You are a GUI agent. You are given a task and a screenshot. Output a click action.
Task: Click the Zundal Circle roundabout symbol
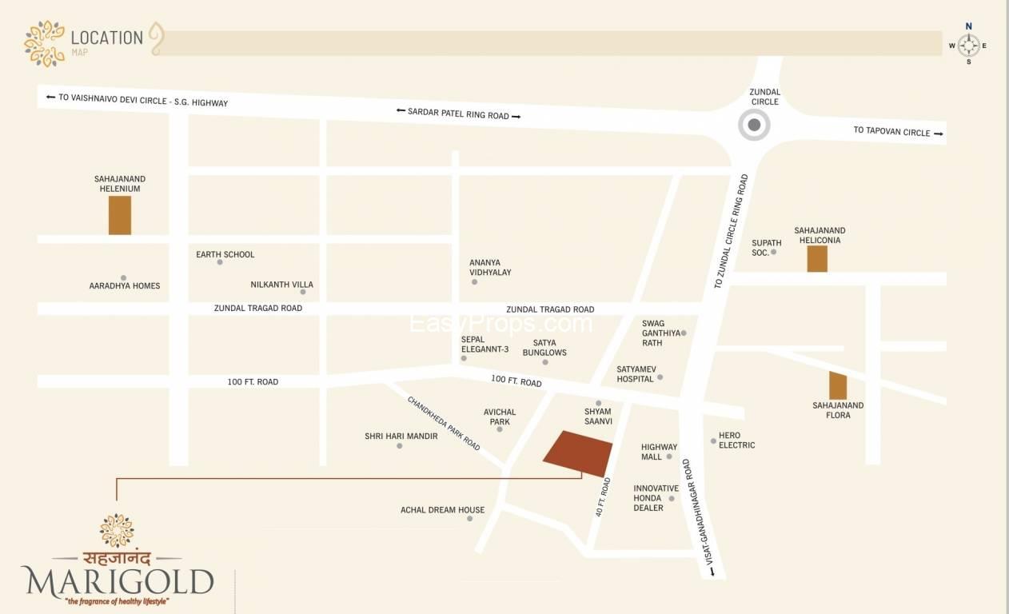coord(753,125)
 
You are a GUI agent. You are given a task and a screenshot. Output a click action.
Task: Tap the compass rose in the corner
coord(968,46)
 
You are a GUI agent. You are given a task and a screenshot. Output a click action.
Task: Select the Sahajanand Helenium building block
coord(120,214)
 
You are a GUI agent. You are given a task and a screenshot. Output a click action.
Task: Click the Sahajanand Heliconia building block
coord(817,258)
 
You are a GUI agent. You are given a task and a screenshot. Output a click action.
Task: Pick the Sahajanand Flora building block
coord(838,385)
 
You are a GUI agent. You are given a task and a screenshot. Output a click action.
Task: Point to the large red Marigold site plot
coord(578,453)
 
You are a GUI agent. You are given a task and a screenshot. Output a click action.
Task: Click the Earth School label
coord(225,254)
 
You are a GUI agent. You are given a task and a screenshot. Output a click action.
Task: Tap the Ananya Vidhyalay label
coord(490,267)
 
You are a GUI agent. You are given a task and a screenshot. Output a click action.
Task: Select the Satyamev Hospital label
coord(636,373)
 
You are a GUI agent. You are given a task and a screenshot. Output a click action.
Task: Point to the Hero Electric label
coord(736,440)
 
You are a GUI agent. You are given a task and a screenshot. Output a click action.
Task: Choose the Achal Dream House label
coord(442,509)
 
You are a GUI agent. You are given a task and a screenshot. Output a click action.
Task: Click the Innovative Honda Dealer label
coord(656,497)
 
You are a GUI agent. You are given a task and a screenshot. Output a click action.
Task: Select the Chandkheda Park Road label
coord(444,423)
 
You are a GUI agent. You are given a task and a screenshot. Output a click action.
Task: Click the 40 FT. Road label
coord(603,496)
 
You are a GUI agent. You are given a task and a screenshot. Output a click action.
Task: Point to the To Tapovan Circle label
coord(891,131)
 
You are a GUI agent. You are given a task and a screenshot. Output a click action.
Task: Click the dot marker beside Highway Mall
coord(669,457)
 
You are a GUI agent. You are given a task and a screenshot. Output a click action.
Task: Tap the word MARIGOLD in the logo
coord(118,581)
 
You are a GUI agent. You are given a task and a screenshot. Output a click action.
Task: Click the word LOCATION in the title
coord(106,37)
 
